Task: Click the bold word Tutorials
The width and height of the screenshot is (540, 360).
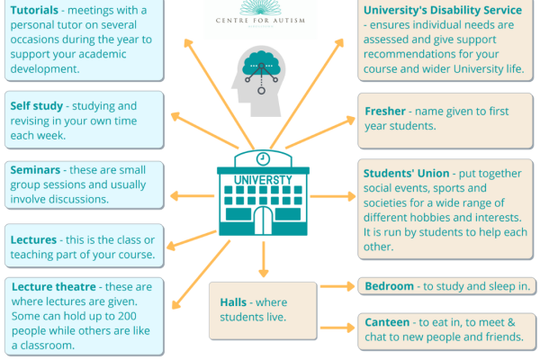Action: pos(36,9)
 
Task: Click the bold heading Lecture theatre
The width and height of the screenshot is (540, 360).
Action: pos(53,286)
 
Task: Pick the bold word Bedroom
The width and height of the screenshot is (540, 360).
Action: pos(390,286)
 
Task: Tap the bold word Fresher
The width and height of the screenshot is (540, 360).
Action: pos(385,111)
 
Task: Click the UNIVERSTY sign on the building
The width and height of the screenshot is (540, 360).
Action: pos(262,179)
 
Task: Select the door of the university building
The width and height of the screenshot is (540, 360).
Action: pos(262,219)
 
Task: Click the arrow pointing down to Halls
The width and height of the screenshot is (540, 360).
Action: pos(263,261)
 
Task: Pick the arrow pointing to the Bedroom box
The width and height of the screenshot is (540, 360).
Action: pos(337,286)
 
